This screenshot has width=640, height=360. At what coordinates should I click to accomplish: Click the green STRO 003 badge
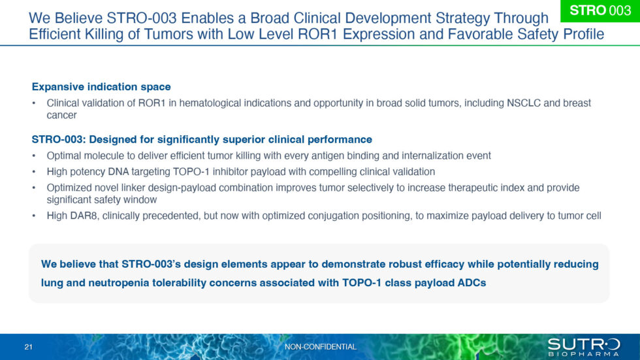click(x=600, y=11)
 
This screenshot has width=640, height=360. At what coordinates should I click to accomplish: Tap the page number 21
click(x=28, y=347)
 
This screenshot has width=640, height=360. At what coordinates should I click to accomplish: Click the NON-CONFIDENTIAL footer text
click(x=321, y=347)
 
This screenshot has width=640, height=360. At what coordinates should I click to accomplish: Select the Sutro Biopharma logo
click(x=583, y=347)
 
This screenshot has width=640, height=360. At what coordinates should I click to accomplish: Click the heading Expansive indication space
click(x=101, y=87)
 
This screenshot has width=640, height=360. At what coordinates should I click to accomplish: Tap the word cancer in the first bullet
click(x=61, y=115)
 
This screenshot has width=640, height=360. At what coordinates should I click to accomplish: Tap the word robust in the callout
click(x=414, y=265)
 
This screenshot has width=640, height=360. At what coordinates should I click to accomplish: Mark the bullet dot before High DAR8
click(x=35, y=216)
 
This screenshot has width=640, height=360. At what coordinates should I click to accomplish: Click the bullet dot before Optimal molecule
click(x=35, y=156)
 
